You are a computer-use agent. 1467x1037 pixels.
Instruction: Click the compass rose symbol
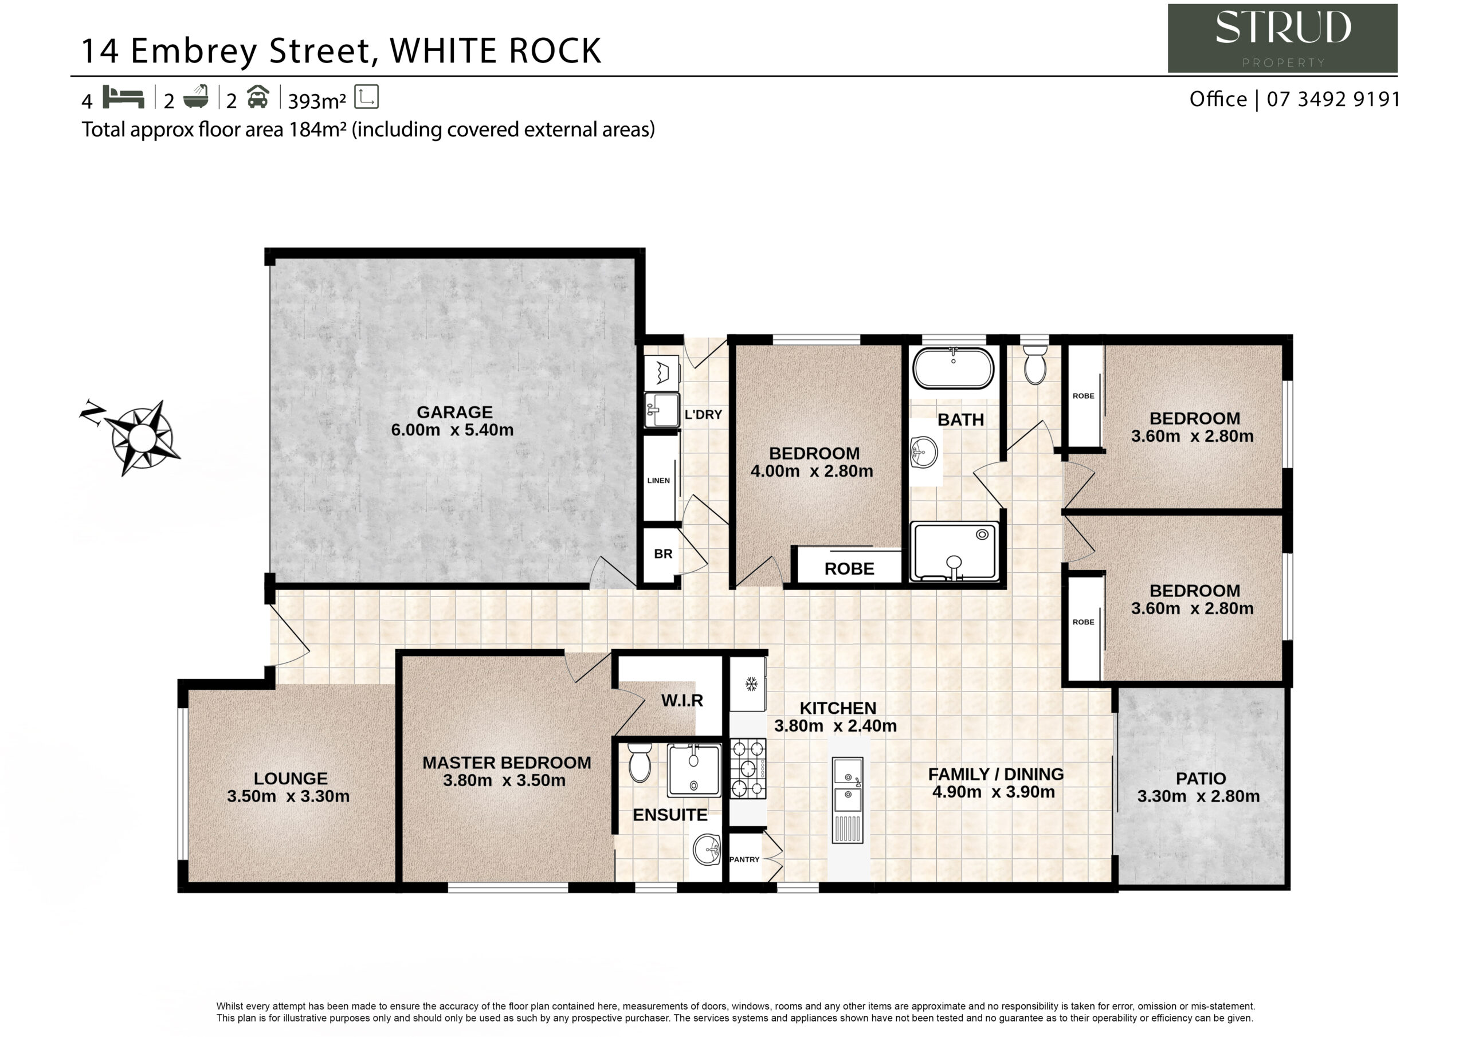[x=142, y=438]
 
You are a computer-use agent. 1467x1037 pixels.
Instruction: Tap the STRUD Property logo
[x=1282, y=38]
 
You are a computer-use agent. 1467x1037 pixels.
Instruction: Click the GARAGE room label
[x=454, y=412]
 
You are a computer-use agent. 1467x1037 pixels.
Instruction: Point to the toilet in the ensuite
[x=639, y=762]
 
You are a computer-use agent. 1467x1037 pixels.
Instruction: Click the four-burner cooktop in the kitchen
[x=748, y=769]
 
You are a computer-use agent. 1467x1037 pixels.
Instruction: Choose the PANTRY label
[x=744, y=859]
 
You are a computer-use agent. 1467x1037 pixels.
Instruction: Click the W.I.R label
[x=682, y=700]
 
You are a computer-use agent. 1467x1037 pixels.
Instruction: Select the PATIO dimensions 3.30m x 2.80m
[x=1199, y=796]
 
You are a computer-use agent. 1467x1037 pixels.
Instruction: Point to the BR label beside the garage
[x=663, y=554]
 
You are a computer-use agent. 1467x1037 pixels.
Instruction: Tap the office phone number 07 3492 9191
[x=1333, y=99]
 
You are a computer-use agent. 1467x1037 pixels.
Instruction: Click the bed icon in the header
[x=123, y=97]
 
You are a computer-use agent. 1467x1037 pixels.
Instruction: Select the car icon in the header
[x=257, y=97]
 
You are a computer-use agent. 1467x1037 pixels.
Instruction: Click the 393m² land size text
[x=317, y=101]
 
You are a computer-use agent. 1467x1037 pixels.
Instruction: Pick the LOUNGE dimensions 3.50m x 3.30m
[x=288, y=796]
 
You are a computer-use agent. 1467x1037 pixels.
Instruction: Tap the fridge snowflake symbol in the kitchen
[x=751, y=684]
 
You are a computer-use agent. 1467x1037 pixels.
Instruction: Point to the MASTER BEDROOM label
[x=507, y=763]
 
